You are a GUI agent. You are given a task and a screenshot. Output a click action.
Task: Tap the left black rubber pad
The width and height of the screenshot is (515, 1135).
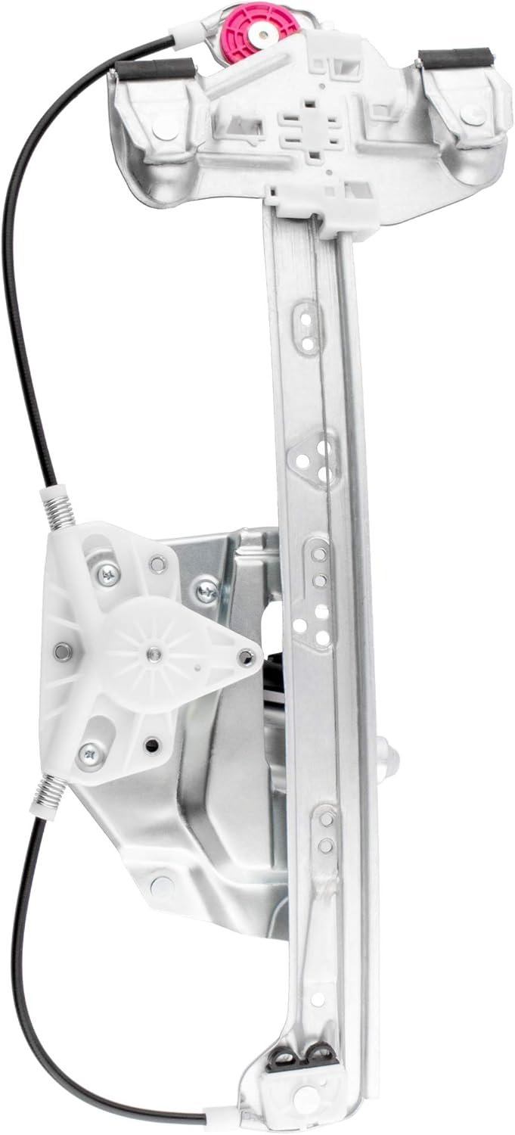[155, 70]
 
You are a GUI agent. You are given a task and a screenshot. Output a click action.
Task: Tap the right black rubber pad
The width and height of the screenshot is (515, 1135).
[455, 58]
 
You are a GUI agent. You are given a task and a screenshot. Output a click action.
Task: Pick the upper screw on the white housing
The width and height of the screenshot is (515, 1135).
[109, 575]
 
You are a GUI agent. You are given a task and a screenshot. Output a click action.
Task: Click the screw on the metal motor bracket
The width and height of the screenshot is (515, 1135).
[206, 589]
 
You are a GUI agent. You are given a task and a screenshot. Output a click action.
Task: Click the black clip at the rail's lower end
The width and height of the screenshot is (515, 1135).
[302, 1055]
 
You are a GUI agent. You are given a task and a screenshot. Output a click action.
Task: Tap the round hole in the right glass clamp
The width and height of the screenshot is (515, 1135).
[474, 115]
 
